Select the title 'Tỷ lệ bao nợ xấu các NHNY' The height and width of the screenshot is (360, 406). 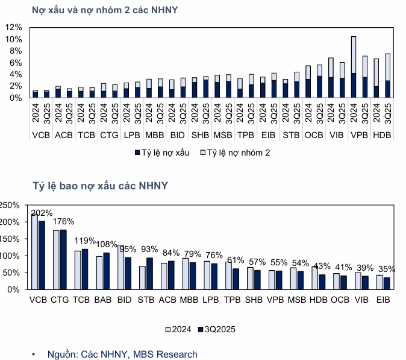click(x=100, y=185)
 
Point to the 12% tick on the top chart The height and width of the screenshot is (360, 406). click(x=14, y=28)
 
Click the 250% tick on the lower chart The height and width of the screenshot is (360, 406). click(x=11, y=206)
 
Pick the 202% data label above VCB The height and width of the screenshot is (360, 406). click(x=42, y=213)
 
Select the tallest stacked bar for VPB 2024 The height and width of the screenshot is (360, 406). click(x=354, y=66)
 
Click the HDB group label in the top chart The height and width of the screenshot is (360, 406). click(x=382, y=135)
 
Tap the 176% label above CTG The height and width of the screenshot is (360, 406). click(x=63, y=221)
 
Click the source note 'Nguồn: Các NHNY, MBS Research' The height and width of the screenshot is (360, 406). click(x=122, y=354)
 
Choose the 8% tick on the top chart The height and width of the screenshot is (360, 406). click(x=14, y=51)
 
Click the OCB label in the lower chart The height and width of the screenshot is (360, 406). click(x=340, y=299)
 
